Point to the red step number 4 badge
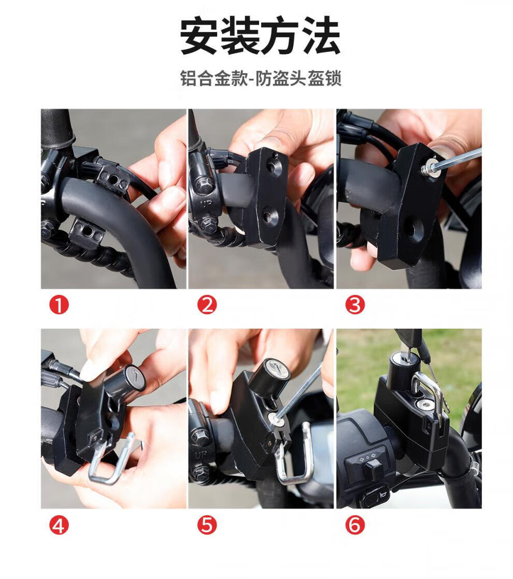(59, 525)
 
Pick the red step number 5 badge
(207, 525)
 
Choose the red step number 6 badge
(354, 525)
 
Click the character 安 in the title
(199, 37)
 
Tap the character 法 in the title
(320, 37)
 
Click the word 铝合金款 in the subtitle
(213, 78)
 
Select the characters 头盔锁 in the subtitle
(316, 78)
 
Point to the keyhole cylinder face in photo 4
(135, 377)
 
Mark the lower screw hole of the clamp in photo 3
(408, 228)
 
